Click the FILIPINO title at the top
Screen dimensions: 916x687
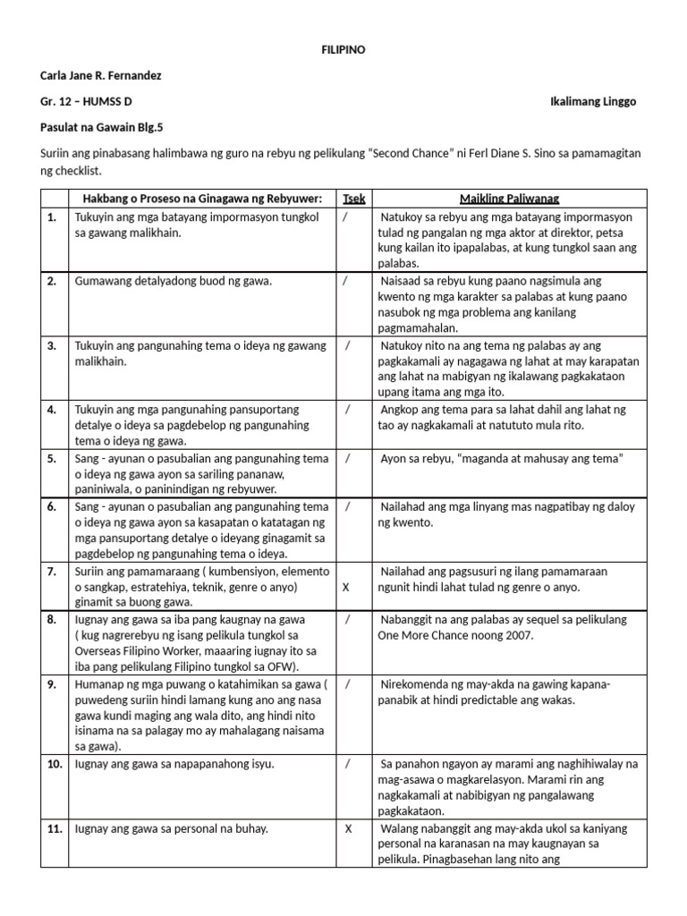click(343, 49)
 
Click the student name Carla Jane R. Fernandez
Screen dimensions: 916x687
click(101, 75)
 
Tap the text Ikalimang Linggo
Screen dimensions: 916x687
click(592, 102)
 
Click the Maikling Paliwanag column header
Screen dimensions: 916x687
click(511, 198)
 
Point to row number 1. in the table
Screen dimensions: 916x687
click(53, 216)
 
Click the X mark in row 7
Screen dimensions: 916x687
click(346, 588)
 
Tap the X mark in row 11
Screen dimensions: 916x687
click(348, 828)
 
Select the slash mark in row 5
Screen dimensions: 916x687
click(346, 458)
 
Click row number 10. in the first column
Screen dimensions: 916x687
click(55, 764)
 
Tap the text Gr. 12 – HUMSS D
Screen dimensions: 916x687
click(87, 102)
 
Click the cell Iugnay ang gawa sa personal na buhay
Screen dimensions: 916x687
click(171, 828)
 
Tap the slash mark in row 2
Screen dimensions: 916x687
click(345, 281)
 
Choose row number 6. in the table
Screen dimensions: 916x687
click(53, 506)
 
